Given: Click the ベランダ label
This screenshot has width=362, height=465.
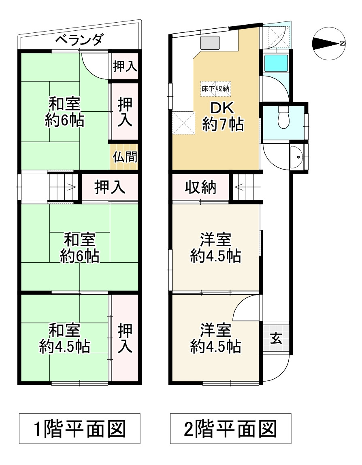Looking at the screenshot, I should click(79, 40).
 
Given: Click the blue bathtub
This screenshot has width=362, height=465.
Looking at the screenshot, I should click(276, 63).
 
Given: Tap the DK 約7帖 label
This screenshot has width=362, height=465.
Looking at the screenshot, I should click(223, 116).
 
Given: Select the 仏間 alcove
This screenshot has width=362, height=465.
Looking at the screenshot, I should click(125, 157).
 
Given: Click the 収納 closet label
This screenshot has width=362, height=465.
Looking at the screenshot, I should click(200, 187).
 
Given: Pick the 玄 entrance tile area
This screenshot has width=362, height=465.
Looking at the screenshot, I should click(276, 338).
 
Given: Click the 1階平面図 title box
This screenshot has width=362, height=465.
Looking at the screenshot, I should click(79, 428).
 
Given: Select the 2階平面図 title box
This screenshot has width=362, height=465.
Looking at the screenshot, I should click(230, 428).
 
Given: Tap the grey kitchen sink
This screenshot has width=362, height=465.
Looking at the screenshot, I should click(210, 42).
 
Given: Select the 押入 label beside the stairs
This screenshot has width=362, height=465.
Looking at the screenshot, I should click(110, 187).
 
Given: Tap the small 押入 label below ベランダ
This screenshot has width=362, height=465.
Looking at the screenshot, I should click(125, 66).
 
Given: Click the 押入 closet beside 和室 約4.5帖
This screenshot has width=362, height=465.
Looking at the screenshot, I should click(125, 338).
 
